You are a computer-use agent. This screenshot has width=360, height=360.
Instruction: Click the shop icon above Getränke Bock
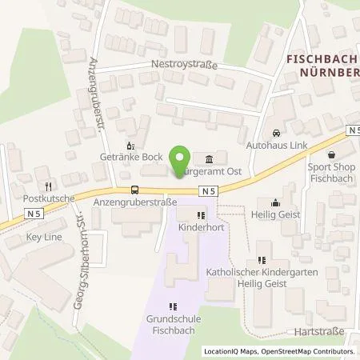pos(132,146)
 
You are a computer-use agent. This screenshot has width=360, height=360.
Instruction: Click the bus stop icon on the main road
pos(133,190)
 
